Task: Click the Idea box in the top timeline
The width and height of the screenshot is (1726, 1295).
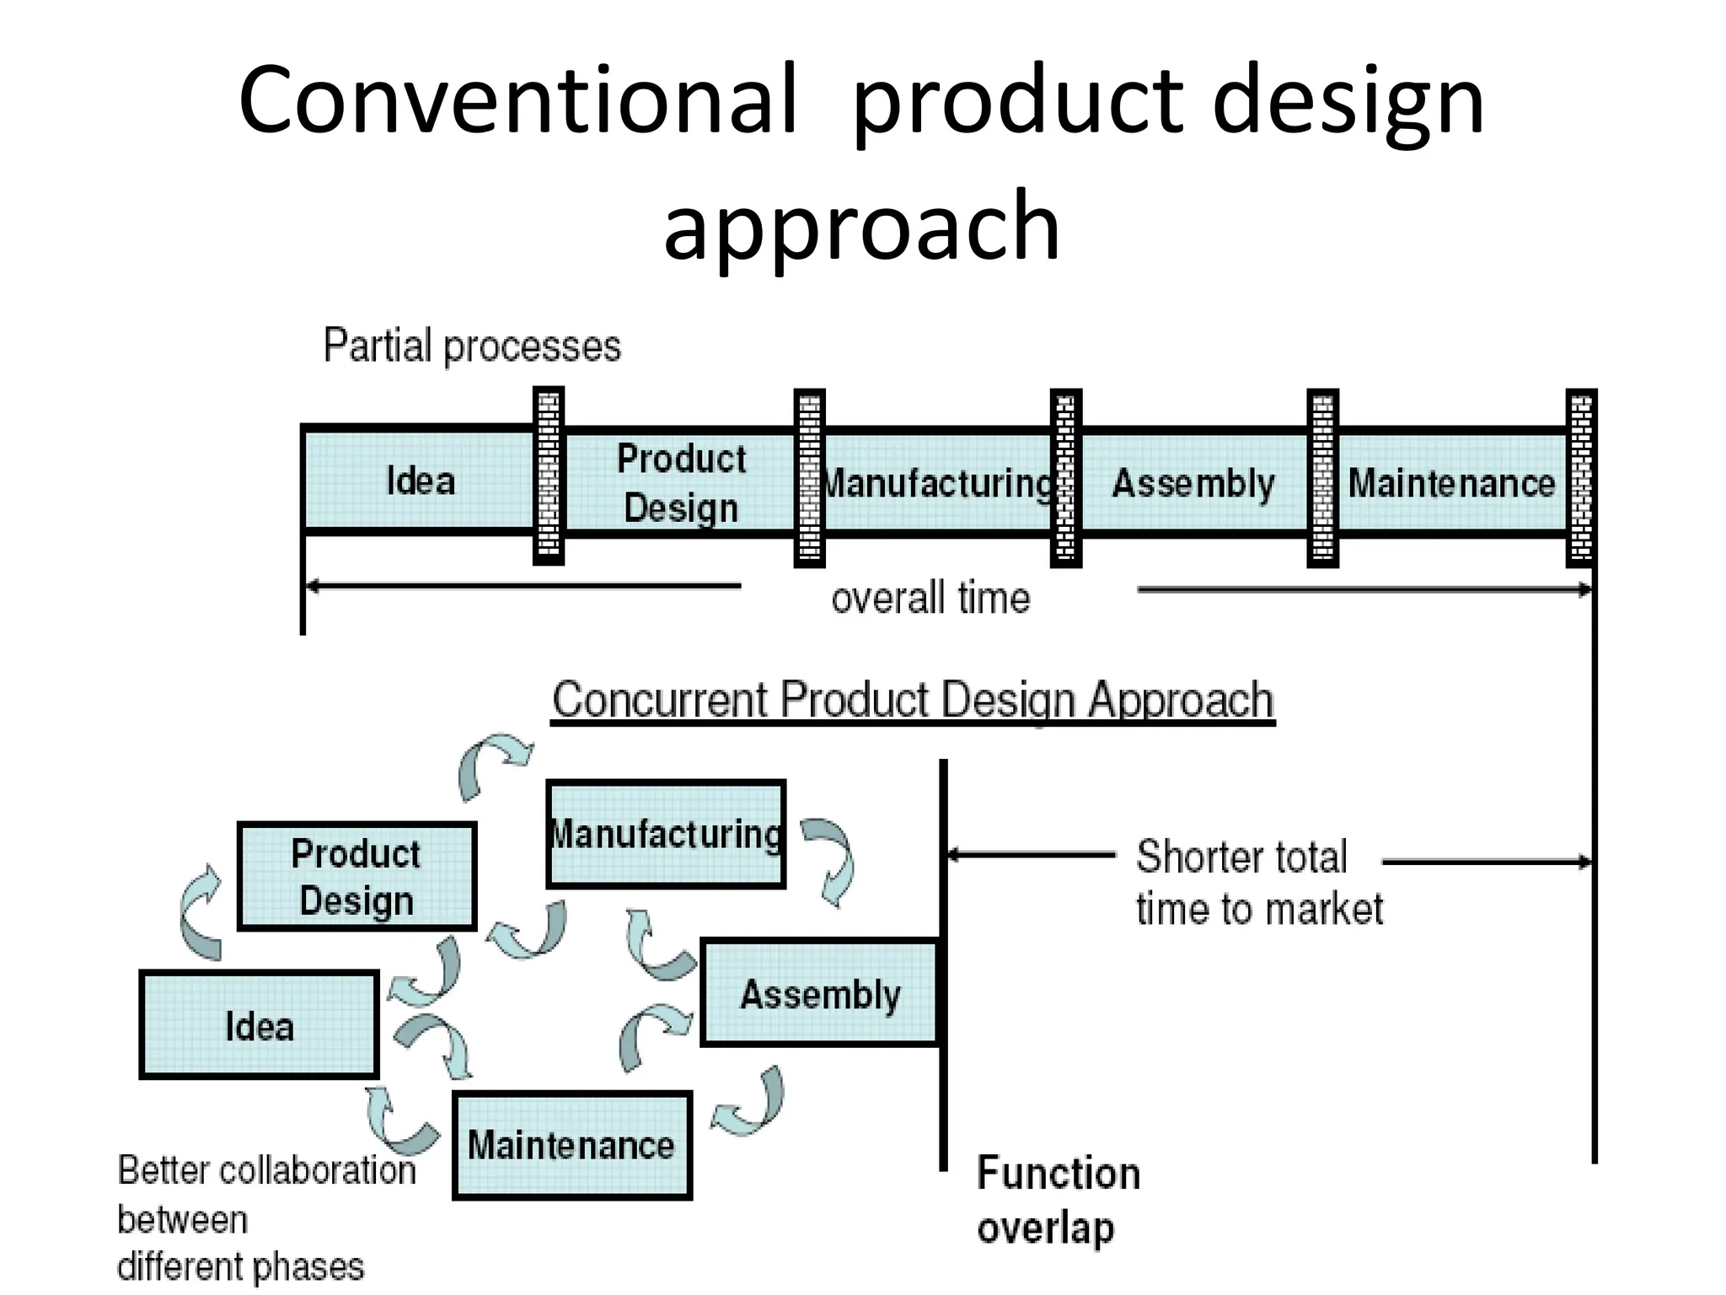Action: coord(419,481)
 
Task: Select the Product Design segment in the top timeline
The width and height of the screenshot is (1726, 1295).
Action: coord(681,482)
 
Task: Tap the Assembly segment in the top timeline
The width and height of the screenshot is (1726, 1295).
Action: coord(1193,483)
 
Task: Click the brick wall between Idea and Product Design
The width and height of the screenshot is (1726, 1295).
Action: coord(549,476)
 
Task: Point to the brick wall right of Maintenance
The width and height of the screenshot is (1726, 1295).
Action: coord(1581,478)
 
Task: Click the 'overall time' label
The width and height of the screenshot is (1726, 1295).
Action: coord(930,599)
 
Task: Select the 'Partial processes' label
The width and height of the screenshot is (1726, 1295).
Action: coord(472,346)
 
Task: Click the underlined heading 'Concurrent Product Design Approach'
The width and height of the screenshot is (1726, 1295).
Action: coord(913,700)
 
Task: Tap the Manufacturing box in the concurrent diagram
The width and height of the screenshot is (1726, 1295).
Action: coord(666,834)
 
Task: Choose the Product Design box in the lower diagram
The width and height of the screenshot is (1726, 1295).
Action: coord(356,877)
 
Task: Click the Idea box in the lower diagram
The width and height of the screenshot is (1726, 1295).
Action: coord(259,1025)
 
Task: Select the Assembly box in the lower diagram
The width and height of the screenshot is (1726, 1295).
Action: coord(820,993)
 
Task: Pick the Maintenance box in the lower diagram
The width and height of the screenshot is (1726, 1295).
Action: coord(571,1145)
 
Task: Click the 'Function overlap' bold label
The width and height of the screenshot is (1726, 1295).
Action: coord(1057,1199)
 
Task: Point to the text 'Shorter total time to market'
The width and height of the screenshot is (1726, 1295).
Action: coord(1258,882)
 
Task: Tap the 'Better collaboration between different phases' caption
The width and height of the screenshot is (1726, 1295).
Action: coord(265,1217)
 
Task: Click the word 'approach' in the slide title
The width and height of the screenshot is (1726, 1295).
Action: coord(861,226)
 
